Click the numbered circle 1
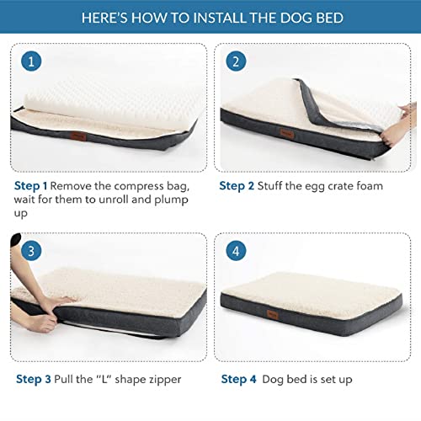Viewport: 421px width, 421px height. (31, 61)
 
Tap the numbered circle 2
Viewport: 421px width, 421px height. (236, 61)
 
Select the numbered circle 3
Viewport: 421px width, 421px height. (31, 251)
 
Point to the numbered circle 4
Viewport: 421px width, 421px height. (236, 251)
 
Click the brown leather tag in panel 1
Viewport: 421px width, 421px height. (77, 136)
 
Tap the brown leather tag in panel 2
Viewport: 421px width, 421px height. (287, 133)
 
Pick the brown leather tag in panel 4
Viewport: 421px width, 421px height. (272, 313)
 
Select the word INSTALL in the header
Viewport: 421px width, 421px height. (220, 18)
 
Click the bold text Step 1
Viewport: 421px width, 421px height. (30, 186)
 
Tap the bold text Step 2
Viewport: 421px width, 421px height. (237, 186)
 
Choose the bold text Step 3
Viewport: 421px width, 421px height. (34, 379)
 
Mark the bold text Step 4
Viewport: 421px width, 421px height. (238, 379)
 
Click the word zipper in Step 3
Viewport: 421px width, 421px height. (165, 380)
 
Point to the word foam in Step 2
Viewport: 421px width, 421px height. (370, 186)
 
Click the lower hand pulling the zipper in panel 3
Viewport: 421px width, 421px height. (40, 322)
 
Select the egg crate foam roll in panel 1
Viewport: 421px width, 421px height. (112, 104)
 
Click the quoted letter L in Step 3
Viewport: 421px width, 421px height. (104, 379)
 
